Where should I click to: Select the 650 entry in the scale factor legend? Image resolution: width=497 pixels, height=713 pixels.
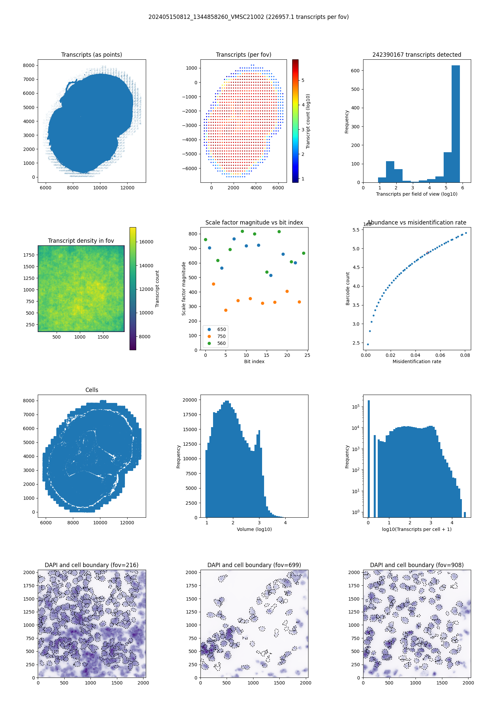221,329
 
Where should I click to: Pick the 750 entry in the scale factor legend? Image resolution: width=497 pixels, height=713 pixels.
221,336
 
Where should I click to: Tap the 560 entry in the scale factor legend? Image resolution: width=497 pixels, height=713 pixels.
221,343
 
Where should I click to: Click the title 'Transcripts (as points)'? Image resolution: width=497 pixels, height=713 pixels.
91,55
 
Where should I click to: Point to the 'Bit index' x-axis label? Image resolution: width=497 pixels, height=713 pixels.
254,361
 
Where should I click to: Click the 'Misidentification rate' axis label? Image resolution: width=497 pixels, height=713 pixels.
417,361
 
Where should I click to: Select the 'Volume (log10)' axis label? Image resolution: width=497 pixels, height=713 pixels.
254,529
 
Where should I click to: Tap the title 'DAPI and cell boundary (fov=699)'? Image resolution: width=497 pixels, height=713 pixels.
254,565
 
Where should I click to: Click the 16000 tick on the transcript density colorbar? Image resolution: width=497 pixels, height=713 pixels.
146,242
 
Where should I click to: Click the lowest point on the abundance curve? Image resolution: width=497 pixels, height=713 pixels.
368,344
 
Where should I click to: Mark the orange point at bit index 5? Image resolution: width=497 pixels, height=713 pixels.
226,310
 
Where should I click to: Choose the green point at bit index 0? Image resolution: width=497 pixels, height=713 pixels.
205,239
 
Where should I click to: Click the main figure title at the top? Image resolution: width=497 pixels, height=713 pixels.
248,17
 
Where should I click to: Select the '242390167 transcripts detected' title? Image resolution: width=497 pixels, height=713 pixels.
417,55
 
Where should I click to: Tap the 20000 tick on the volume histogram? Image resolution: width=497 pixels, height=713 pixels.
190,400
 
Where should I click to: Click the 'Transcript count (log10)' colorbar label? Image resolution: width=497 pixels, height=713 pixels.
308,121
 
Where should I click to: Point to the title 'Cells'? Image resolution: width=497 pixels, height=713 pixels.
92,390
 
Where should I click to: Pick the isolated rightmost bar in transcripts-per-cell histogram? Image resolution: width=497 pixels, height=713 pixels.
465,514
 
